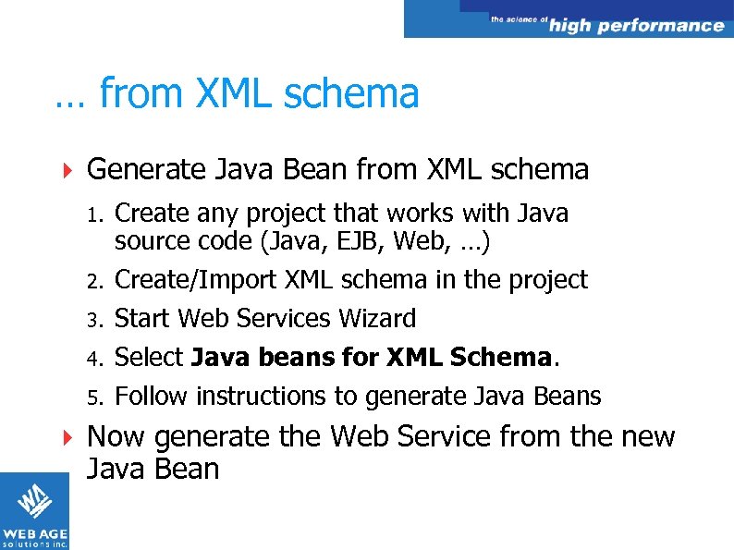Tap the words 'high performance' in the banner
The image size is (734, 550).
pyautogui.click(x=636, y=25)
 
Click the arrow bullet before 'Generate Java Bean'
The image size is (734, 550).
pyautogui.click(x=65, y=170)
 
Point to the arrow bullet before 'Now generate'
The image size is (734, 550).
pyautogui.click(x=65, y=435)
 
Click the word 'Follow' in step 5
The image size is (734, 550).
pyautogui.click(x=151, y=396)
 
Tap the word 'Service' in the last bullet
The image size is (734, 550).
pyautogui.click(x=434, y=435)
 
